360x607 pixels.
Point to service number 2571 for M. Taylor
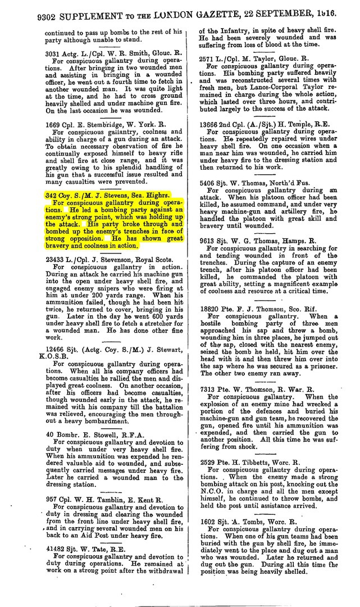209,58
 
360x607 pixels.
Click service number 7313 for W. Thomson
209,389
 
